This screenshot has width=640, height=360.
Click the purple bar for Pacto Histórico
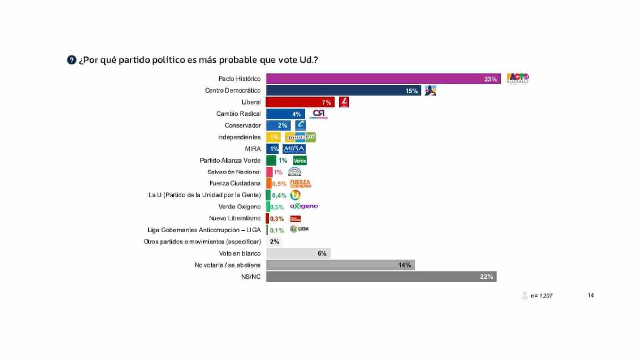[x=383, y=79]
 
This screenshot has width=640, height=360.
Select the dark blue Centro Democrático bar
[x=344, y=91]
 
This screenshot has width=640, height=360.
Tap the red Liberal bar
[x=300, y=102]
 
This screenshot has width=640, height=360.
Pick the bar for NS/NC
[x=381, y=277]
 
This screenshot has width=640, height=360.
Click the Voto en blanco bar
[x=298, y=253]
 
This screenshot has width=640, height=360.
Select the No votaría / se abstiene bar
[x=340, y=265]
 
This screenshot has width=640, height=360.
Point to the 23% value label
[x=490, y=79]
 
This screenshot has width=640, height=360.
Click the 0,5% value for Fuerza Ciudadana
[x=279, y=183]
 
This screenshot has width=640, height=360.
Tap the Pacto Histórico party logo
[x=517, y=79]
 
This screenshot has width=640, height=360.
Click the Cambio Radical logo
[x=319, y=114]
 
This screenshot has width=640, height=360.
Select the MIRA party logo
[x=294, y=149]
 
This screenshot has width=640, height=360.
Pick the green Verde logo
[x=300, y=161]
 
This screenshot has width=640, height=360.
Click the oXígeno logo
[x=303, y=206]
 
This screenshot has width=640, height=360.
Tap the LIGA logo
[x=299, y=229]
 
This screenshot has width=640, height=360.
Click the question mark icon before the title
[x=71, y=60]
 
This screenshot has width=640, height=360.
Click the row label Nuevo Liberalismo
[x=235, y=218]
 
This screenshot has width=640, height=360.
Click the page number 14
[x=590, y=295]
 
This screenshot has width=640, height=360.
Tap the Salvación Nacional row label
[x=234, y=172]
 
